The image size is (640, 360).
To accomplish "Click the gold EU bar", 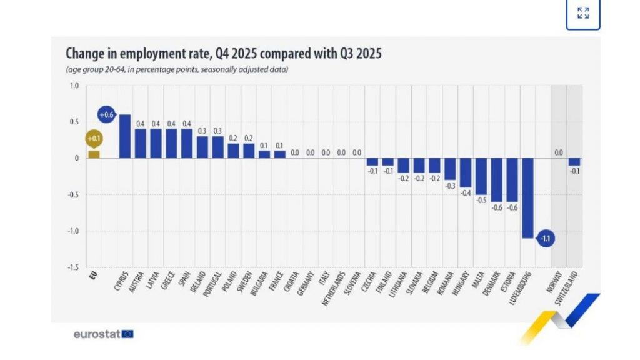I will click(x=94, y=154).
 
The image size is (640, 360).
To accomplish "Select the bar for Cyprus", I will click(x=124, y=136).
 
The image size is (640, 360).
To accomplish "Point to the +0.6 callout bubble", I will click(x=106, y=114).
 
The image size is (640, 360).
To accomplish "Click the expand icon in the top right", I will click(x=582, y=13).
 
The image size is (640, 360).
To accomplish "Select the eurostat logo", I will click(x=103, y=334).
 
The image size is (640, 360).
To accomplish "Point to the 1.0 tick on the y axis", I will click(x=74, y=86).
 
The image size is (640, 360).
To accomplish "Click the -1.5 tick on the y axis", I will click(x=72, y=267).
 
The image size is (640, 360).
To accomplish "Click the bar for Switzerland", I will click(x=574, y=162).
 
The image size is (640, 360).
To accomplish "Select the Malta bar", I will click(x=481, y=176).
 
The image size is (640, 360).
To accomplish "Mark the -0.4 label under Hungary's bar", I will click(x=466, y=193).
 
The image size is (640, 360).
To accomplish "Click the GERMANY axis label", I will click(x=306, y=285).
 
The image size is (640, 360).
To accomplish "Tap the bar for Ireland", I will click(x=202, y=147).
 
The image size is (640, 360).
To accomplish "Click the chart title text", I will click(x=223, y=54).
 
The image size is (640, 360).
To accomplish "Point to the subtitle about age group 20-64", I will click(x=176, y=69).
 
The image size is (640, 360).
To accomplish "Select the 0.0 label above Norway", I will click(x=559, y=152).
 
